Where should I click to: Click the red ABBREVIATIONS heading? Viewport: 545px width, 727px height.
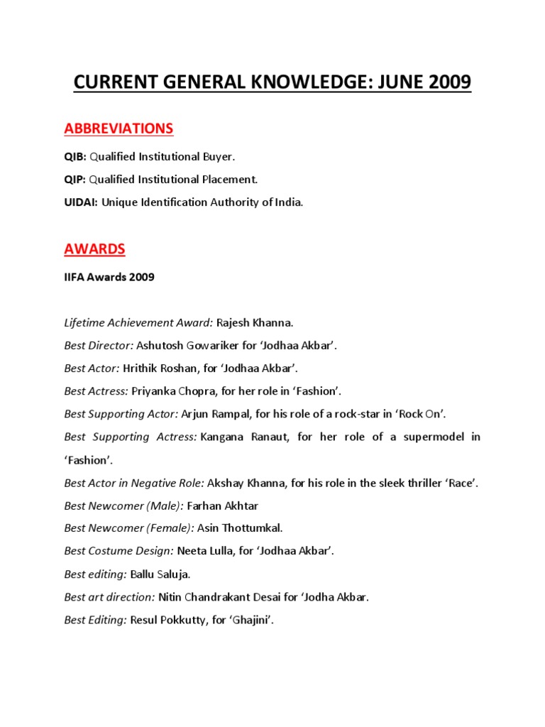(x=119, y=129)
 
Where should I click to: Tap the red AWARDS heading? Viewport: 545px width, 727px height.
(x=94, y=249)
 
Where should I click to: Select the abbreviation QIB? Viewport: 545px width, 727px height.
(x=75, y=156)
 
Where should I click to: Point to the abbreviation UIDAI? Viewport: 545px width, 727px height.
(x=80, y=202)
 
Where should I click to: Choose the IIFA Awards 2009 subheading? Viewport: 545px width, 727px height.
(x=109, y=278)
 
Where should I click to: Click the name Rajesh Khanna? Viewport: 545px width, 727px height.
(x=255, y=323)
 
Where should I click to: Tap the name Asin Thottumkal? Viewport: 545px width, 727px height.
(x=241, y=529)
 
